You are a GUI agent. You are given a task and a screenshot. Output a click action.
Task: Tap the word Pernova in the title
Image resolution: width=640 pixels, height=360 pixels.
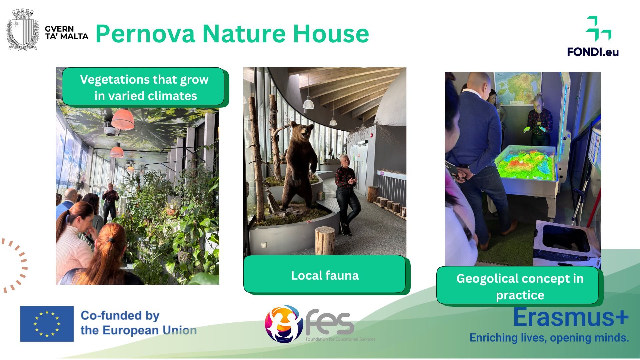[145, 34]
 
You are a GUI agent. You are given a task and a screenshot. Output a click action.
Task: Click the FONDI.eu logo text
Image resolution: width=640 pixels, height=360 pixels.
[593, 52]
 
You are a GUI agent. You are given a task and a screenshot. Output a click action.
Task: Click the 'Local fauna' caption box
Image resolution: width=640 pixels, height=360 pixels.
[325, 275]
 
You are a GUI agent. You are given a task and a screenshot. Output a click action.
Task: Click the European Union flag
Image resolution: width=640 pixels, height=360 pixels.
[47, 324]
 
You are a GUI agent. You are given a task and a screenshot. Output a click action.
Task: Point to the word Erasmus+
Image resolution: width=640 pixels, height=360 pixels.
[571, 317]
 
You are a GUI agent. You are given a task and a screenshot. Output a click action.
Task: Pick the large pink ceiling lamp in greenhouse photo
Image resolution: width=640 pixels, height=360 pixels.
[123, 119]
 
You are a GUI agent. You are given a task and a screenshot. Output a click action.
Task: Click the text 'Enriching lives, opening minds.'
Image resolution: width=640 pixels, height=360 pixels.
[549, 338]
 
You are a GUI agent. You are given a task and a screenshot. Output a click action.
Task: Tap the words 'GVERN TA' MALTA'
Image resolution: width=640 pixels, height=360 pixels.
[66, 33]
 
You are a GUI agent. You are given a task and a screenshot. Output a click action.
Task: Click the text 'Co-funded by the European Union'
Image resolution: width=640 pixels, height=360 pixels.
[138, 323]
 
